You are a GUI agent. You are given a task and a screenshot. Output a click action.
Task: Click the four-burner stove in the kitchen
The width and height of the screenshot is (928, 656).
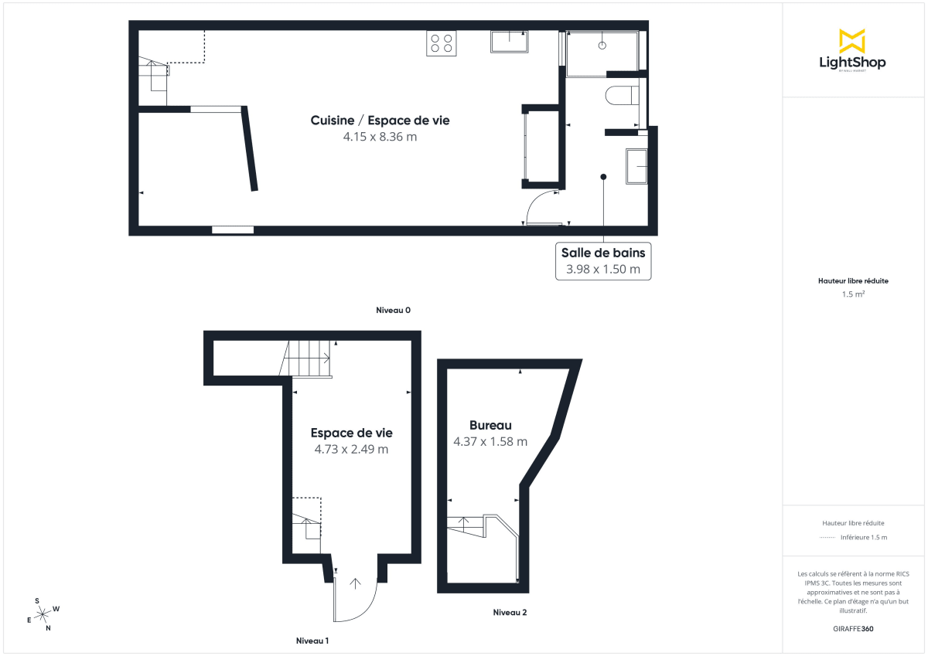coord(442,43)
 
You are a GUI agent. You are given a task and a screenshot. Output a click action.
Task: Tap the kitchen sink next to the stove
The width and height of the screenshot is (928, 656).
coord(509,42)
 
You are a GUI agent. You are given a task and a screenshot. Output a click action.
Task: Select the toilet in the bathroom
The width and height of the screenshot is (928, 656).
coord(623,97)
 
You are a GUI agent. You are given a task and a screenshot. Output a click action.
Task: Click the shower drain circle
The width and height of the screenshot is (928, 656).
coord(602,46)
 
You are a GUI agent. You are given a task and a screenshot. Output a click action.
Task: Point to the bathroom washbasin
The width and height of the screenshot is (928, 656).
coord(637,166)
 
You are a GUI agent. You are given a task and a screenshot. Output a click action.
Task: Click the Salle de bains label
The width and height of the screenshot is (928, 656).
coord(603,253)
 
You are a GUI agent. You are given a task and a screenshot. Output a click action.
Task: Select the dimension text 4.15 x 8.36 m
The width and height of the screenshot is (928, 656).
coord(380,137)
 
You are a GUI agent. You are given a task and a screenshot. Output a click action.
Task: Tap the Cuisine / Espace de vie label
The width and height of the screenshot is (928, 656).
coord(380,121)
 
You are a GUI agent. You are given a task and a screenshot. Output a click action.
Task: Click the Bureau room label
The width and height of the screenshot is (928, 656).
coord(490,425)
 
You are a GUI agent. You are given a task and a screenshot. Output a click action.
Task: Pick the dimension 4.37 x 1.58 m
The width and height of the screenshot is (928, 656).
coord(490,442)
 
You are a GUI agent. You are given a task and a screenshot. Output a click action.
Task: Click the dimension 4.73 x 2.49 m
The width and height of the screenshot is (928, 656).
coord(351,449)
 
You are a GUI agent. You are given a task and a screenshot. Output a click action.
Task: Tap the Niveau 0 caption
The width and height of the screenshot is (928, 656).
coord(393,310)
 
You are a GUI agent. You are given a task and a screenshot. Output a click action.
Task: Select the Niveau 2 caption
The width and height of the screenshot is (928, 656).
coord(510,613)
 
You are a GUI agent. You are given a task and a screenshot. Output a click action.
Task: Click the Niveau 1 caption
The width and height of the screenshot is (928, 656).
coord(312,641)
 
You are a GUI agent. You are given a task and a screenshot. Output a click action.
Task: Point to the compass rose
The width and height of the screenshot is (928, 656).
coord(43,614)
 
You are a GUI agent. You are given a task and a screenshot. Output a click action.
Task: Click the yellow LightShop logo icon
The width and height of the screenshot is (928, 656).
coord(852,41)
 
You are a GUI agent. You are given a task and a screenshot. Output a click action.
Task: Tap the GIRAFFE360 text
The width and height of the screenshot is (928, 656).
coord(852,629)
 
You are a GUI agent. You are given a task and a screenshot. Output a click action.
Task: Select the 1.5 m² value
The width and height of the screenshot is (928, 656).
coord(853,294)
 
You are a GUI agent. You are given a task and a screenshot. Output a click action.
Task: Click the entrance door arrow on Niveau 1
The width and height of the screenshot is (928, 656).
coord(356,583)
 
